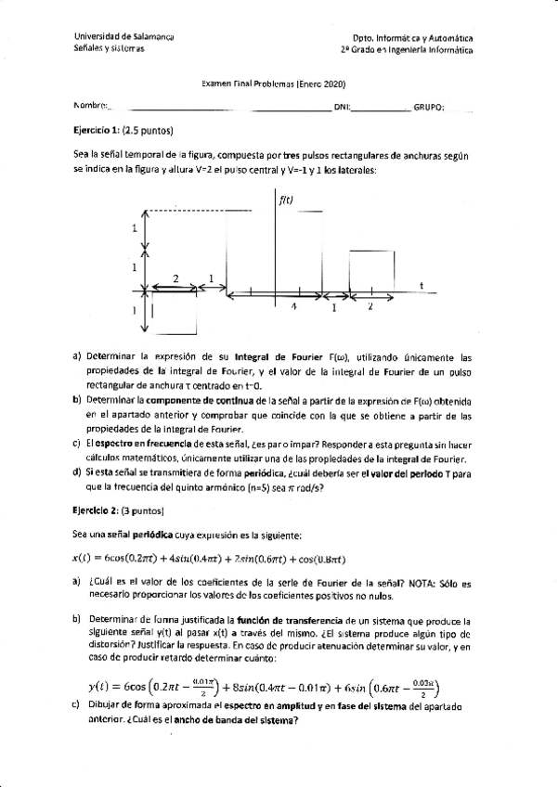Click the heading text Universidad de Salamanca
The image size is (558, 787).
124,37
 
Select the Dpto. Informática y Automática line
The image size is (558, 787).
406,38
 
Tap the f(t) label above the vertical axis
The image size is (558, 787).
286,198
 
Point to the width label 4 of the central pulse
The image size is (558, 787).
292,306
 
